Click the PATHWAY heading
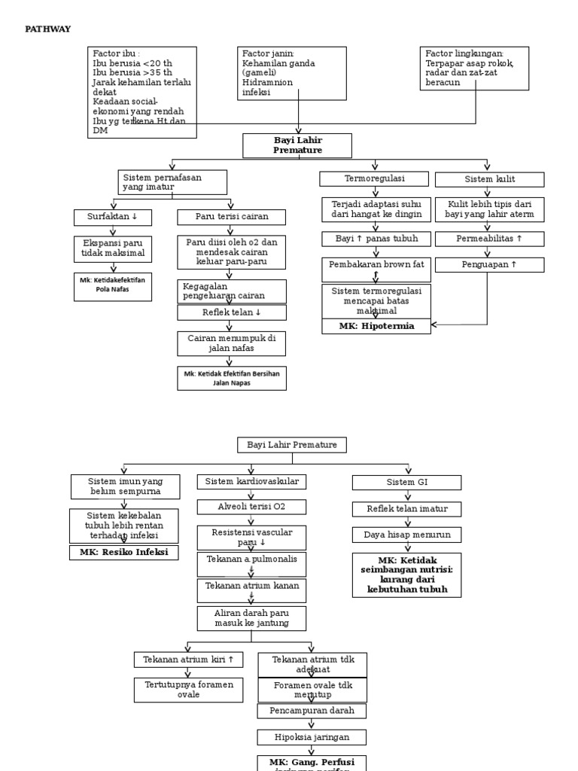tap(49, 29)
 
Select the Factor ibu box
tap(142, 93)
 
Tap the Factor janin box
tap(293, 73)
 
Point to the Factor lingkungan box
tap(474, 69)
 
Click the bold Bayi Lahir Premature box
tap(297, 145)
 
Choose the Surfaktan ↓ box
tap(113, 218)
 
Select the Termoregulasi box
tap(374, 179)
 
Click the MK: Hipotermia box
tap(376, 326)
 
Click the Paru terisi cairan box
tap(232, 218)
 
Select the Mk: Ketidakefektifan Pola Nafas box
tap(113, 287)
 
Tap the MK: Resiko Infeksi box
tap(125, 552)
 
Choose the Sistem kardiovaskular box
tap(252, 482)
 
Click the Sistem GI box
tap(407, 482)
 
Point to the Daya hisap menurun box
tap(407, 535)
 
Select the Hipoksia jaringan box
tap(312, 736)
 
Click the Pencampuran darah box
tap(312, 711)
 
